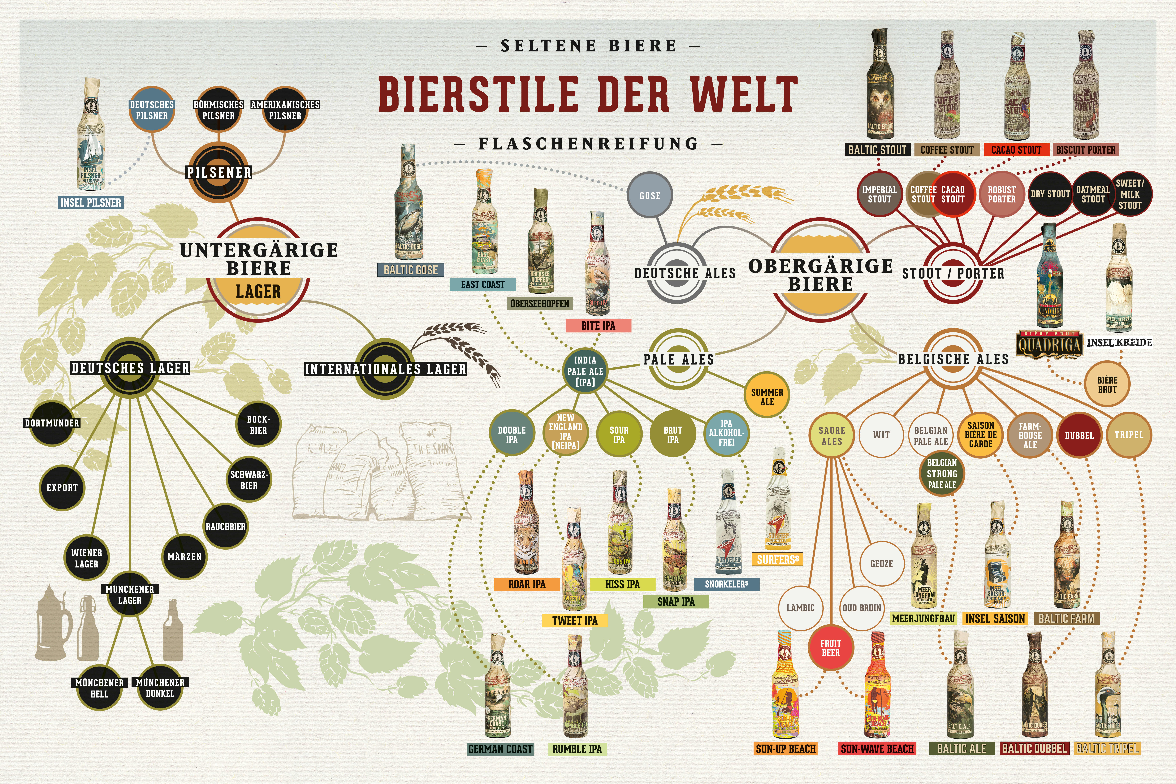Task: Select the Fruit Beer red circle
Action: [x=831, y=648]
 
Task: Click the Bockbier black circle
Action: [x=258, y=425]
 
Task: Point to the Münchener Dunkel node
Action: [x=160, y=688]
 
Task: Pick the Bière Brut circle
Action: [x=1107, y=384]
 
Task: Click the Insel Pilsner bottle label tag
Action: [x=90, y=202]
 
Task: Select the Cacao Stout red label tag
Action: [x=1016, y=149]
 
